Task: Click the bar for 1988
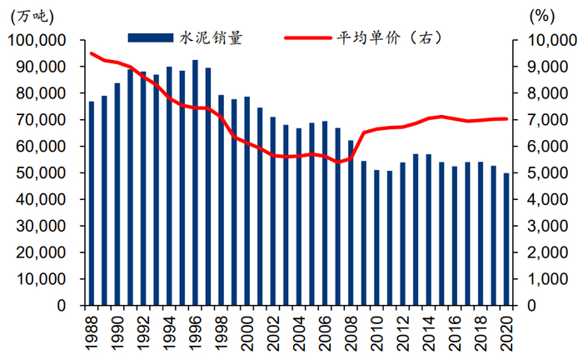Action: coord(92,203)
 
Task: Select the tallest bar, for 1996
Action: coord(195,182)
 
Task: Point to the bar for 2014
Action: coord(427,229)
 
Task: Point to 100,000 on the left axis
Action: coord(38,40)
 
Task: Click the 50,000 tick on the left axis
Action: coord(42,173)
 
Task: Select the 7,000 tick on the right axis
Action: coord(544,120)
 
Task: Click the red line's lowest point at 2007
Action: coord(337,162)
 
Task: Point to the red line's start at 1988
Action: coord(92,53)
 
